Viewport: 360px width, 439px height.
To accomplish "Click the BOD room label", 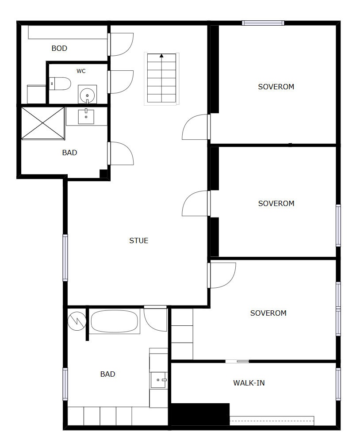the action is (x=59, y=49).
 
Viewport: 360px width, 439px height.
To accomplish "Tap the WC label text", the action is (x=81, y=71).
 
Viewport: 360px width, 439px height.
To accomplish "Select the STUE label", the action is (x=139, y=240).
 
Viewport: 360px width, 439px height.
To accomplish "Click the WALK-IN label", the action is (x=249, y=383).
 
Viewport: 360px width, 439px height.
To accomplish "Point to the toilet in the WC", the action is (x=60, y=84).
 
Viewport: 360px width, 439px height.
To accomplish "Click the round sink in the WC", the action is (x=87, y=95).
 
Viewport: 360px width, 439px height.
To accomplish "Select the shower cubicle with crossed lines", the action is (x=43, y=123).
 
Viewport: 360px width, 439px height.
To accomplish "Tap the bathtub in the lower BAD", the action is (x=114, y=321).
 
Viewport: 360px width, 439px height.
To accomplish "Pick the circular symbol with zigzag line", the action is (x=77, y=321).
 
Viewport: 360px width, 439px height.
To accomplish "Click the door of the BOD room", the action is (x=120, y=44).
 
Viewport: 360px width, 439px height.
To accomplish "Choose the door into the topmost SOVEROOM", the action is (x=196, y=127).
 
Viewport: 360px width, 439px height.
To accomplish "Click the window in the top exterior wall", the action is (x=263, y=23).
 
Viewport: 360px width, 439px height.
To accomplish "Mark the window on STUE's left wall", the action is (x=65, y=258).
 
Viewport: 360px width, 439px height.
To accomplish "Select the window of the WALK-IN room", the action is (x=338, y=384).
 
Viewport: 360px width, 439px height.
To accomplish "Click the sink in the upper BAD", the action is (x=86, y=116).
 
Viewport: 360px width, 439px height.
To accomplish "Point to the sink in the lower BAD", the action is (x=159, y=380).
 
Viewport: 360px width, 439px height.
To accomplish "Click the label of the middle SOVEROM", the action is (x=276, y=203).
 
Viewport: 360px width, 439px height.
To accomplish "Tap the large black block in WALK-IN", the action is (x=200, y=414).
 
